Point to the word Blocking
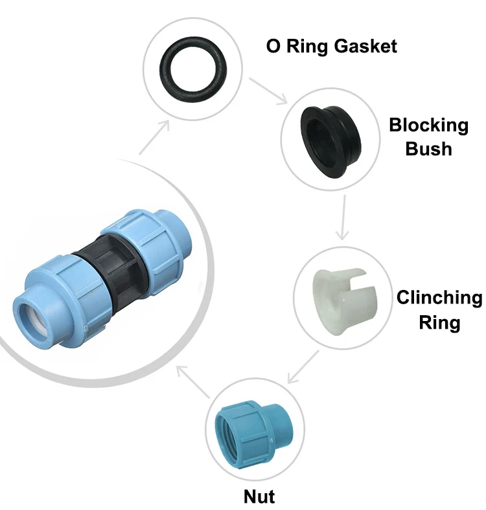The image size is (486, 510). [x=428, y=125]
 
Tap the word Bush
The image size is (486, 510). [x=428, y=149]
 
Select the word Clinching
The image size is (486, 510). [x=439, y=298]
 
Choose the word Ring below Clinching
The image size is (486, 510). [x=439, y=322]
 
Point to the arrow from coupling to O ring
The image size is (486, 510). [x=155, y=136]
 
